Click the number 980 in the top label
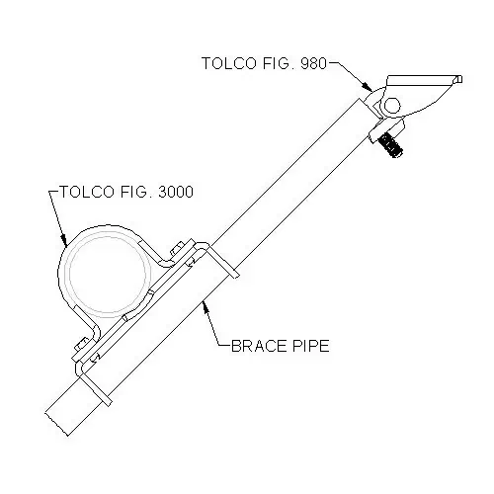click(313, 63)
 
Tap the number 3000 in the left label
click(176, 192)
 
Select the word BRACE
click(259, 346)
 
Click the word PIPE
click(310, 346)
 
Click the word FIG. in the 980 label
click(279, 63)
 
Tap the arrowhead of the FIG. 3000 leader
click(64, 240)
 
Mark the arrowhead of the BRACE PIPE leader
click(206, 308)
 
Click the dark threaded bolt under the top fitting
click(390, 145)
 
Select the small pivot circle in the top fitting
click(392, 106)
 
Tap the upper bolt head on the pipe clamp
click(177, 248)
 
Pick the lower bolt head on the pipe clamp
click(81, 344)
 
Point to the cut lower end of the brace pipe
click(56, 424)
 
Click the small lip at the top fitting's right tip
click(458, 79)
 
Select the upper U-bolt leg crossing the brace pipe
click(221, 262)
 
